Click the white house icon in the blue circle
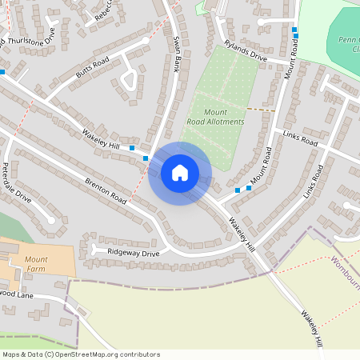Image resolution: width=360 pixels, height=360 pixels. coord(180,173)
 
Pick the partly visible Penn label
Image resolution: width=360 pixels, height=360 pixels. coord(348,41)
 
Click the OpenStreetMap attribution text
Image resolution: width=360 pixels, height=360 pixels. coord(81,354)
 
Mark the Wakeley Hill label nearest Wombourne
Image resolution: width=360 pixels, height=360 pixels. coord(312,327)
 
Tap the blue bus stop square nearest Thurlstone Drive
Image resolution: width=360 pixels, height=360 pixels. coord(2,72)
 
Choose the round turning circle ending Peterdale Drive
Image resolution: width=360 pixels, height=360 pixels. coord(51,219)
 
